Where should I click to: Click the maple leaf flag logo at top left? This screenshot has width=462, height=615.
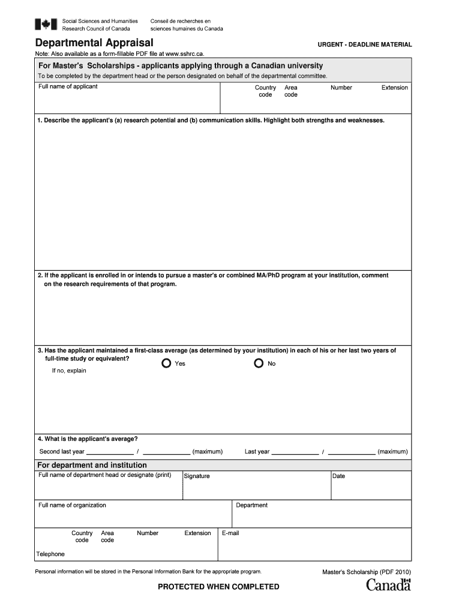click(x=45, y=25)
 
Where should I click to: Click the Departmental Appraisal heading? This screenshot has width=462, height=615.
click(x=94, y=43)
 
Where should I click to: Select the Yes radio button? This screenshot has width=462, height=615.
click(x=166, y=363)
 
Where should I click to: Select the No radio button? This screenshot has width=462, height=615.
click(x=259, y=363)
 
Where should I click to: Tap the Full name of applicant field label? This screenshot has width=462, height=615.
click(x=68, y=86)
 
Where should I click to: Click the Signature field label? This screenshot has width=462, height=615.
click(x=197, y=476)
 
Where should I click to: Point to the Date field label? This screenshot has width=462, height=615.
click(x=339, y=476)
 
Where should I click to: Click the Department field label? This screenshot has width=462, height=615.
click(x=251, y=505)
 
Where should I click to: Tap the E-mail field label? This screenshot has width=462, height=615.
click(x=230, y=533)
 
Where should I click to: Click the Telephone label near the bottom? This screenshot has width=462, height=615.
click(x=50, y=554)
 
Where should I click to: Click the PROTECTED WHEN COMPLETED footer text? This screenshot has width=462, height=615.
click(x=218, y=587)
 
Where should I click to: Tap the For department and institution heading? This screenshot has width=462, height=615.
click(x=92, y=465)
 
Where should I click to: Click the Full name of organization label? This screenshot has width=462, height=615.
click(x=72, y=505)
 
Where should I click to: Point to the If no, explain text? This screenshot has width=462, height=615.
click(x=69, y=371)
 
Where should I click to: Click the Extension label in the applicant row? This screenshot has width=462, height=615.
click(x=394, y=88)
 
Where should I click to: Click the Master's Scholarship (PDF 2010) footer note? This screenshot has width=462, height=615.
click(x=367, y=572)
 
